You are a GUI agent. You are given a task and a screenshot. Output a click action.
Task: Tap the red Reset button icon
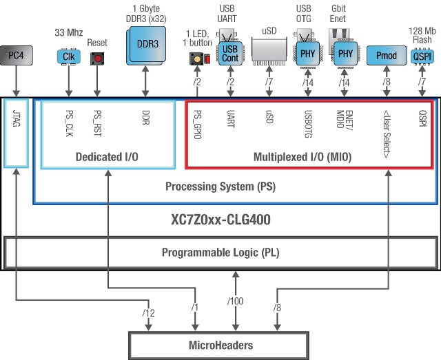tap(98, 59)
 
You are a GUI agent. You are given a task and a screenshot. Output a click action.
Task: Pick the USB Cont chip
tap(229, 54)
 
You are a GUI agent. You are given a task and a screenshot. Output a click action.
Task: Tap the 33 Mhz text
tap(68, 32)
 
